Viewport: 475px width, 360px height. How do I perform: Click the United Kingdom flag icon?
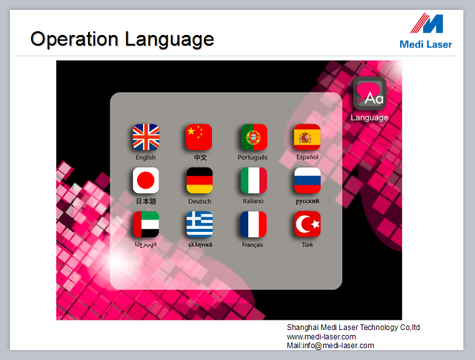[x=146, y=137]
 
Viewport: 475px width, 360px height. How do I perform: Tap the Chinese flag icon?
[x=199, y=137]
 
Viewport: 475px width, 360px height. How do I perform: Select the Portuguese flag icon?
[x=254, y=137]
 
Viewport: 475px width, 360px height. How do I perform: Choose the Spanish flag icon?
[x=307, y=137]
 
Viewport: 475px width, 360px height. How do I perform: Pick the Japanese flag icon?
[x=146, y=180]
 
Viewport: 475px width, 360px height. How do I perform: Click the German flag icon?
[x=199, y=180]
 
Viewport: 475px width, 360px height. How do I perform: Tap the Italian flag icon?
[x=254, y=180]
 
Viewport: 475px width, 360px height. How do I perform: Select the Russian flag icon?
[x=307, y=180]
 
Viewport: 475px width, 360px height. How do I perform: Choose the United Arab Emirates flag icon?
[x=146, y=224]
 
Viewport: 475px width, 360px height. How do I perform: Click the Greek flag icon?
[x=199, y=224]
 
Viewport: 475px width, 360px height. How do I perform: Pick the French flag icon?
[x=253, y=224]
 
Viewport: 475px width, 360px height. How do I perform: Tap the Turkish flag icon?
[x=307, y=224]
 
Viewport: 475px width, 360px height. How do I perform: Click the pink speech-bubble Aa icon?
[x=369, y=93]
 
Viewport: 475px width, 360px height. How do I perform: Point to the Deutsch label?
[x=199, y=201]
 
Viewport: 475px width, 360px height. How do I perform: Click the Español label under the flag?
[x=307, y=157]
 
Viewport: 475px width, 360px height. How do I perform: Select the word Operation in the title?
[x=74, y=39]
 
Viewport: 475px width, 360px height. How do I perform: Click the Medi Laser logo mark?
[x=427, y=23]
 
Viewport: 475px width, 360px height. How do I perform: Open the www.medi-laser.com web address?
[x=321, y=337]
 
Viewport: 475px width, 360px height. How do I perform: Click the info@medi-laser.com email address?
[x=338, y=346]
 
